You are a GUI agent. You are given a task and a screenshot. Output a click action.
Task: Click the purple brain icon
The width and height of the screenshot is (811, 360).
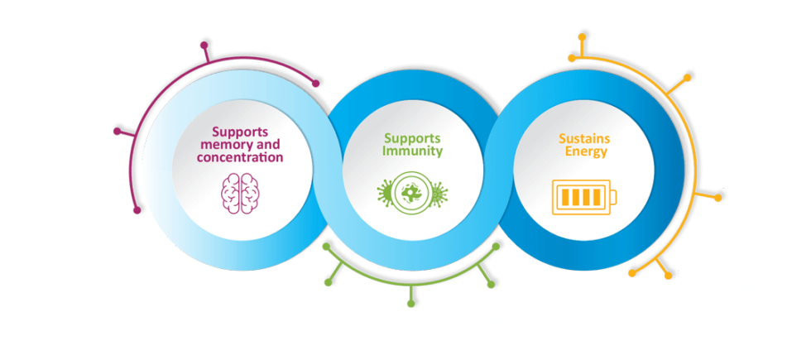tap(241, 193)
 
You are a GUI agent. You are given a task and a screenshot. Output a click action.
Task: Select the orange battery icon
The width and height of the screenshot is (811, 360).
tap(584, 197)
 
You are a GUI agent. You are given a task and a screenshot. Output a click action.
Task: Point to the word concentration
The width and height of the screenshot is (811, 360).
tap(240, 156)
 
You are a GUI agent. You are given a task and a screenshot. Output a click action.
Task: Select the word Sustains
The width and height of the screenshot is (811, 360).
tap(584, 139)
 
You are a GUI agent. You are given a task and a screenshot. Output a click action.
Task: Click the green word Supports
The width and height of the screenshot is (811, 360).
tap(412, 138)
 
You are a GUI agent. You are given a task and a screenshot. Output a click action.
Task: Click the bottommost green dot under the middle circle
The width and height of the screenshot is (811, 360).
tap(410, 304)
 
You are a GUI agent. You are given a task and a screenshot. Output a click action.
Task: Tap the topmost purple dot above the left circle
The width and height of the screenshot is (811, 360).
tap(204, 45)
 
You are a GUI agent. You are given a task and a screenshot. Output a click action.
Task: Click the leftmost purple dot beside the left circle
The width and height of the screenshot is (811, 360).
tap(117, 131)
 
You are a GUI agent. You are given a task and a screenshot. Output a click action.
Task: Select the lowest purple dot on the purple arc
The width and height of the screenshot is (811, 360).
tap(137, 210)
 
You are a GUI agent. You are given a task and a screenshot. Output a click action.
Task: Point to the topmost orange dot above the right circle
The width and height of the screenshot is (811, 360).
tap(582, 36)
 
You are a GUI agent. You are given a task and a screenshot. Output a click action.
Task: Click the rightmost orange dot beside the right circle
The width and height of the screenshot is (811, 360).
tap(717, 198)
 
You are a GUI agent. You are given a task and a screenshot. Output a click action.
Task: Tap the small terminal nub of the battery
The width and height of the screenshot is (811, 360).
tap(614, 197)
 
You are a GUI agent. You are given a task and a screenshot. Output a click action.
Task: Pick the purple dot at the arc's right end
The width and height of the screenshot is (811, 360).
tap(316, 84)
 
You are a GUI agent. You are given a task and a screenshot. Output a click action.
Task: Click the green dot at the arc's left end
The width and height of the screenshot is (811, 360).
tap(326, 247)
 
